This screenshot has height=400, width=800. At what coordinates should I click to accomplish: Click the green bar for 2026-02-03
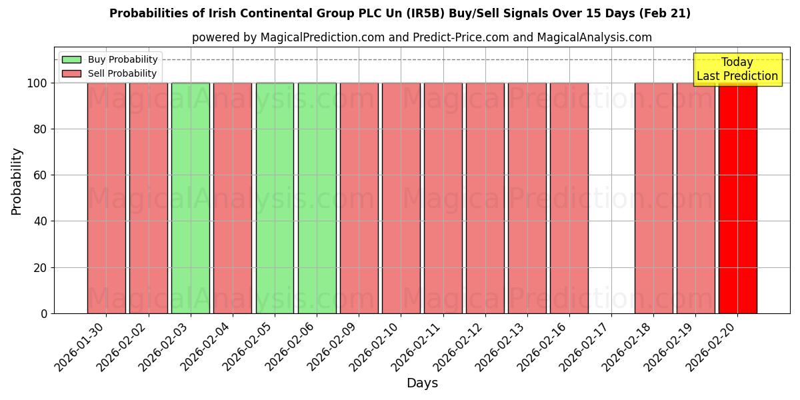click(191, 198)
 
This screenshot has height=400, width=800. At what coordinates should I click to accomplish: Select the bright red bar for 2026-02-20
click(738, 198)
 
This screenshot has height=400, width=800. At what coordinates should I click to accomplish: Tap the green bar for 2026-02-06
click(317, 198)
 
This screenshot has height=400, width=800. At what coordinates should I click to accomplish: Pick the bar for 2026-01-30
click(107, 198)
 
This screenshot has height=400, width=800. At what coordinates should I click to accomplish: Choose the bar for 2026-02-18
click(653, 198)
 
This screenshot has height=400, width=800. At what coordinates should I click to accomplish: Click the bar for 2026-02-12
click(485, 198)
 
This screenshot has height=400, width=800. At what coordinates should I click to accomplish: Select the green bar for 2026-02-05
click(275, 198)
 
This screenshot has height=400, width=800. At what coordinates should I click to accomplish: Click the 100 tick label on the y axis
click(37, 83)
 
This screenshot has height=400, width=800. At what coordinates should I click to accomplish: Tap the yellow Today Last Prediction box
click(737, 69)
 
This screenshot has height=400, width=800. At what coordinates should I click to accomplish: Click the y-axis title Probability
click(17, 181)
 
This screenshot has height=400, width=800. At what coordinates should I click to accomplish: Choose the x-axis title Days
click(422, 383)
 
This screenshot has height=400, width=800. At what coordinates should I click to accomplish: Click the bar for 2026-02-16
click(569, 198)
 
